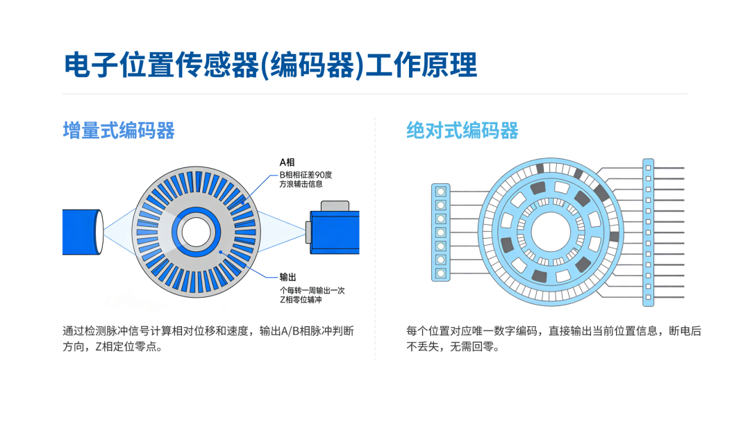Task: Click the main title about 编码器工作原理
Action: [270, 65]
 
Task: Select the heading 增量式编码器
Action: [119, 130]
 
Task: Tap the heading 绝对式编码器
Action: [462, 130]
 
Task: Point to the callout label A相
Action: [287, 162]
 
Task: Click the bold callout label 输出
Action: [288, 277]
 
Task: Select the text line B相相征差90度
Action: [306, 175]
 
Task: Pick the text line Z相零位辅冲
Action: [301, 300]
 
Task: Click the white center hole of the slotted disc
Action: [196, 233]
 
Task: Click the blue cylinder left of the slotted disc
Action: [83, 232]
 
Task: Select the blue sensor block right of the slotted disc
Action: [334, 233]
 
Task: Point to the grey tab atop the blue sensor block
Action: [335, 206]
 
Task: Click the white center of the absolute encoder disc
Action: [551, 233]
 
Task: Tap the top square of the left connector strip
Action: [440, 192]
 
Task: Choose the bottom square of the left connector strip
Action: [440, 273]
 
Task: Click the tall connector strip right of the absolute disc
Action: [648, 233]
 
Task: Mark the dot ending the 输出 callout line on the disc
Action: [221, 251]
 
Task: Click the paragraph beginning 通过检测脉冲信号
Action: [208, 339]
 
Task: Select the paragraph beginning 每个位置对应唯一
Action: [553, 339]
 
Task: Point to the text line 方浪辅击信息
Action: [301, 184]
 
